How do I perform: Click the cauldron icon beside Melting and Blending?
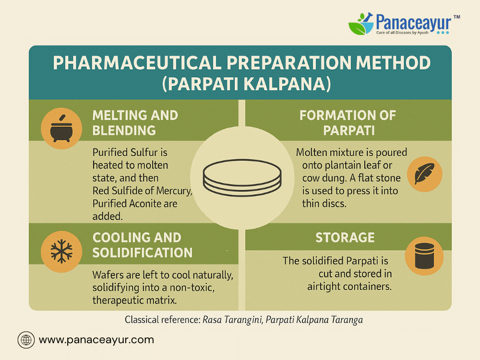point(61,129)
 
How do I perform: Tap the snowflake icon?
point(61,252)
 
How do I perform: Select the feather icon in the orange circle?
point(424,174)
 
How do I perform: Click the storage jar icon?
point(425,256)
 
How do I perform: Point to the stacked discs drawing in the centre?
point(242,177)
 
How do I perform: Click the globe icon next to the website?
point(26,340)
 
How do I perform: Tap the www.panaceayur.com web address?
point(96,340)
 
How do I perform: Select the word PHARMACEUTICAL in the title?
point(137,63)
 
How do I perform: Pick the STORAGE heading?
point(345,238)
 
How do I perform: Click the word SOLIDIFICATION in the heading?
point(143,252)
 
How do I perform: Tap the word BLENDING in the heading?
point(124,131)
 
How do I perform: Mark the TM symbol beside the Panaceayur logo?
point(456,17)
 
